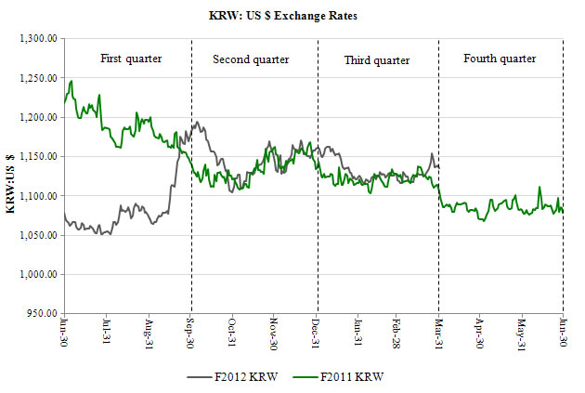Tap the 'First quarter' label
(x=131, y=59)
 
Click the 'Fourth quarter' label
(x=500, y=59)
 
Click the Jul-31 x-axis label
(x=108, y=334)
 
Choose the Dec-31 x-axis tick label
(x=317, y=334)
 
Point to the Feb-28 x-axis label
(x=396, y=334)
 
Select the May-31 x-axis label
(x=522, y=334)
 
